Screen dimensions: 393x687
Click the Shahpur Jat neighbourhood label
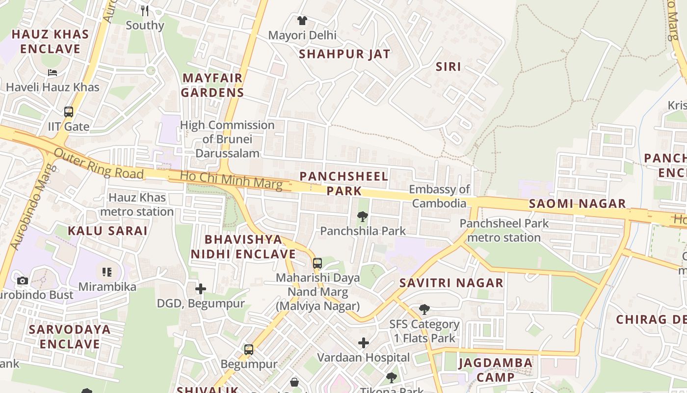344,54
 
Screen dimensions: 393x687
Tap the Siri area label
449,66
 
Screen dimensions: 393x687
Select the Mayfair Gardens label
212,85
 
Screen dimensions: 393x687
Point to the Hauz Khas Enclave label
50,42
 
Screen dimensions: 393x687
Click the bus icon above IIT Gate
69,112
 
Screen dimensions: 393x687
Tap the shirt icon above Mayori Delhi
302,21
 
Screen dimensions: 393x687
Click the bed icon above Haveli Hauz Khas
53,73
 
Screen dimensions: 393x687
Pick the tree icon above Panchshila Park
363,216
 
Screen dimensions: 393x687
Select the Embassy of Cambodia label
439,196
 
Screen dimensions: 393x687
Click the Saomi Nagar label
577,203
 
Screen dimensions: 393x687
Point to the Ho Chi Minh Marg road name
231,180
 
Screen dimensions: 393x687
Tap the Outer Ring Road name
99,164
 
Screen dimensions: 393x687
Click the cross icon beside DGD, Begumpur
201,288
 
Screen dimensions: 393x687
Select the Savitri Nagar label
451,283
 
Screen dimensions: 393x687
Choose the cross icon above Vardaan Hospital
364,342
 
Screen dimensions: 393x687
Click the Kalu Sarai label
107,231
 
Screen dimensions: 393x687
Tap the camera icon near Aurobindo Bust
23,281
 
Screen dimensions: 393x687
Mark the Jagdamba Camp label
495,370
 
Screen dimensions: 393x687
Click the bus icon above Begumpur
249,350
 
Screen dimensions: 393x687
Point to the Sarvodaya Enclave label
69,336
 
